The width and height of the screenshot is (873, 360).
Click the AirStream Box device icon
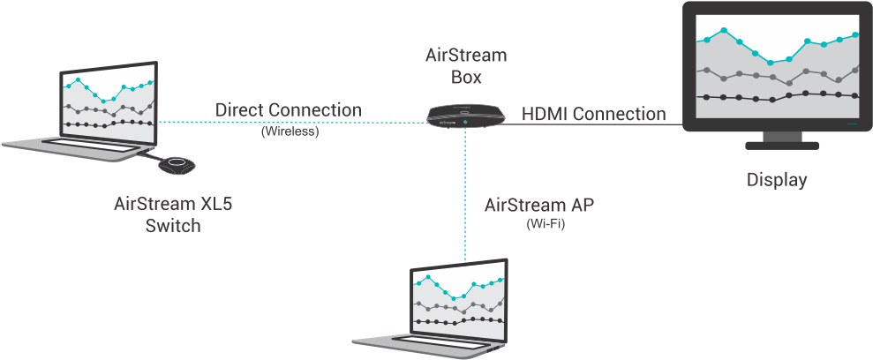point(465,116)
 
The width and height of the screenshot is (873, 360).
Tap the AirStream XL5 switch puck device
point(177,165)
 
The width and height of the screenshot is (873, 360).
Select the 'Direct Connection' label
point(289,110)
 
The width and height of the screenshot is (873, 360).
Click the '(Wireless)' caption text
point(290,132)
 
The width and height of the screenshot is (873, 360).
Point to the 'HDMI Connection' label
point(593,114)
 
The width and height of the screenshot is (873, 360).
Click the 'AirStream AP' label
point(538,205)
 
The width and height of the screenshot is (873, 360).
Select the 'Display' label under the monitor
point(777,180)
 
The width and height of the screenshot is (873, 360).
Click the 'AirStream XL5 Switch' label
point(173,214)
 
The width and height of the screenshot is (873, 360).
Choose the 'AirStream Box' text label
point(466,66)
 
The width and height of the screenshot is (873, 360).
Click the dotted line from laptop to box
point(291,123)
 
